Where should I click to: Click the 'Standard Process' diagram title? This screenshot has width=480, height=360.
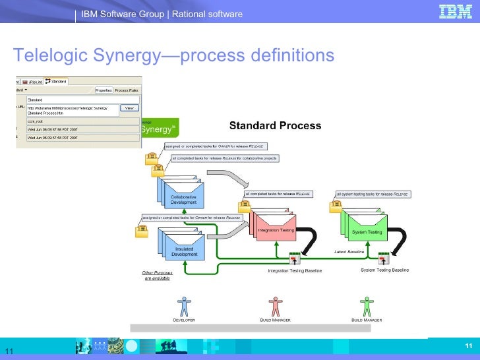click(275, 125)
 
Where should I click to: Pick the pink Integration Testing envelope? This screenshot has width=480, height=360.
click(276, 228)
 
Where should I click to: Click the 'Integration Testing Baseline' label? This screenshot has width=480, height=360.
click(295, 270)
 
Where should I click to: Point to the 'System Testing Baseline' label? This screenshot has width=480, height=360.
click(385, 270)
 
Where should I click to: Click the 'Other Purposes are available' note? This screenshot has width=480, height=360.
click(156, 276)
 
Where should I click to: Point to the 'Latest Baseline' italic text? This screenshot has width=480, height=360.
click(349, 252)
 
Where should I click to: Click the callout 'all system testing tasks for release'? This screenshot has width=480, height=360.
click(373, 195)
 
